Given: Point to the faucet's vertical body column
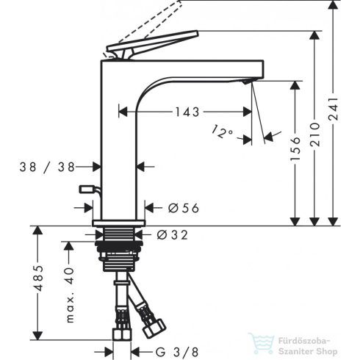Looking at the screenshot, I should [119, 147].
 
